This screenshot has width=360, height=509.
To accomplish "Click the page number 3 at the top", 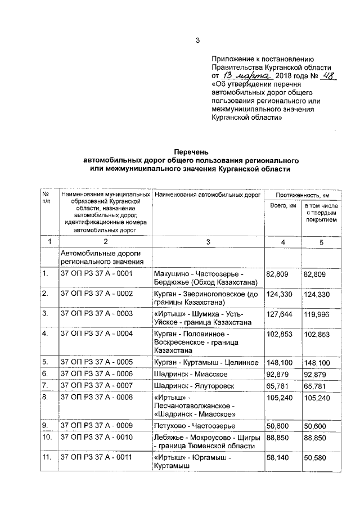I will coord(197,39).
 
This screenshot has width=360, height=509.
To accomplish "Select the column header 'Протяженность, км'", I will coord(302,195).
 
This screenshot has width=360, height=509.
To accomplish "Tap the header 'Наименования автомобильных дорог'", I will coord(208,195).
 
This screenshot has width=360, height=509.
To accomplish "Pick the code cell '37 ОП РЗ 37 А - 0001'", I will coord(96,274).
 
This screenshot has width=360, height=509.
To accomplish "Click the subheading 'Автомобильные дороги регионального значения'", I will coord(101,257).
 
